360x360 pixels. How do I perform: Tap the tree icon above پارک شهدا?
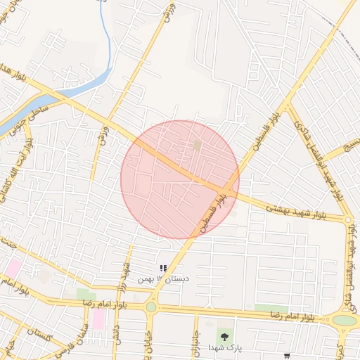224,335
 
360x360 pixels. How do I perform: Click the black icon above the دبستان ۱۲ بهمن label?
163,268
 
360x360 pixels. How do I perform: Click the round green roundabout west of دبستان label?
150,307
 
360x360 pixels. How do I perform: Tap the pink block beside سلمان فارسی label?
98,319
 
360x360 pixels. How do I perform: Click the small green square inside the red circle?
198,145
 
